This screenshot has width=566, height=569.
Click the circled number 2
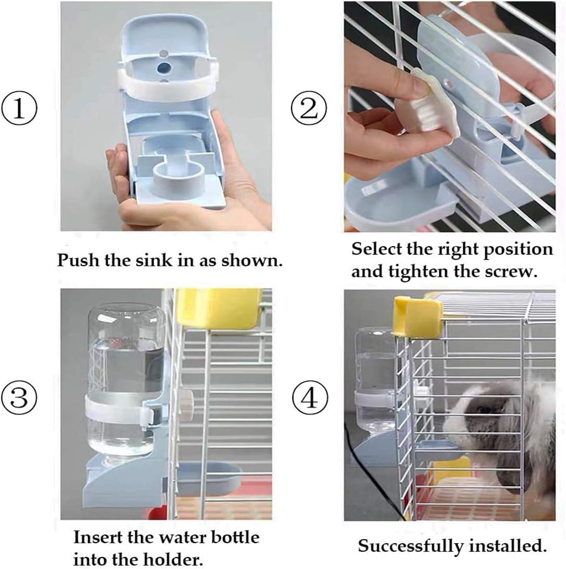309,109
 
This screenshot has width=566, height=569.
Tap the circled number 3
19,398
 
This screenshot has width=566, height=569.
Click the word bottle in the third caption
235,537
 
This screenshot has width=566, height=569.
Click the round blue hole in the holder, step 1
164,67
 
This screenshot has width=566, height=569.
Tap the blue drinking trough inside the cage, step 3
209,477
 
